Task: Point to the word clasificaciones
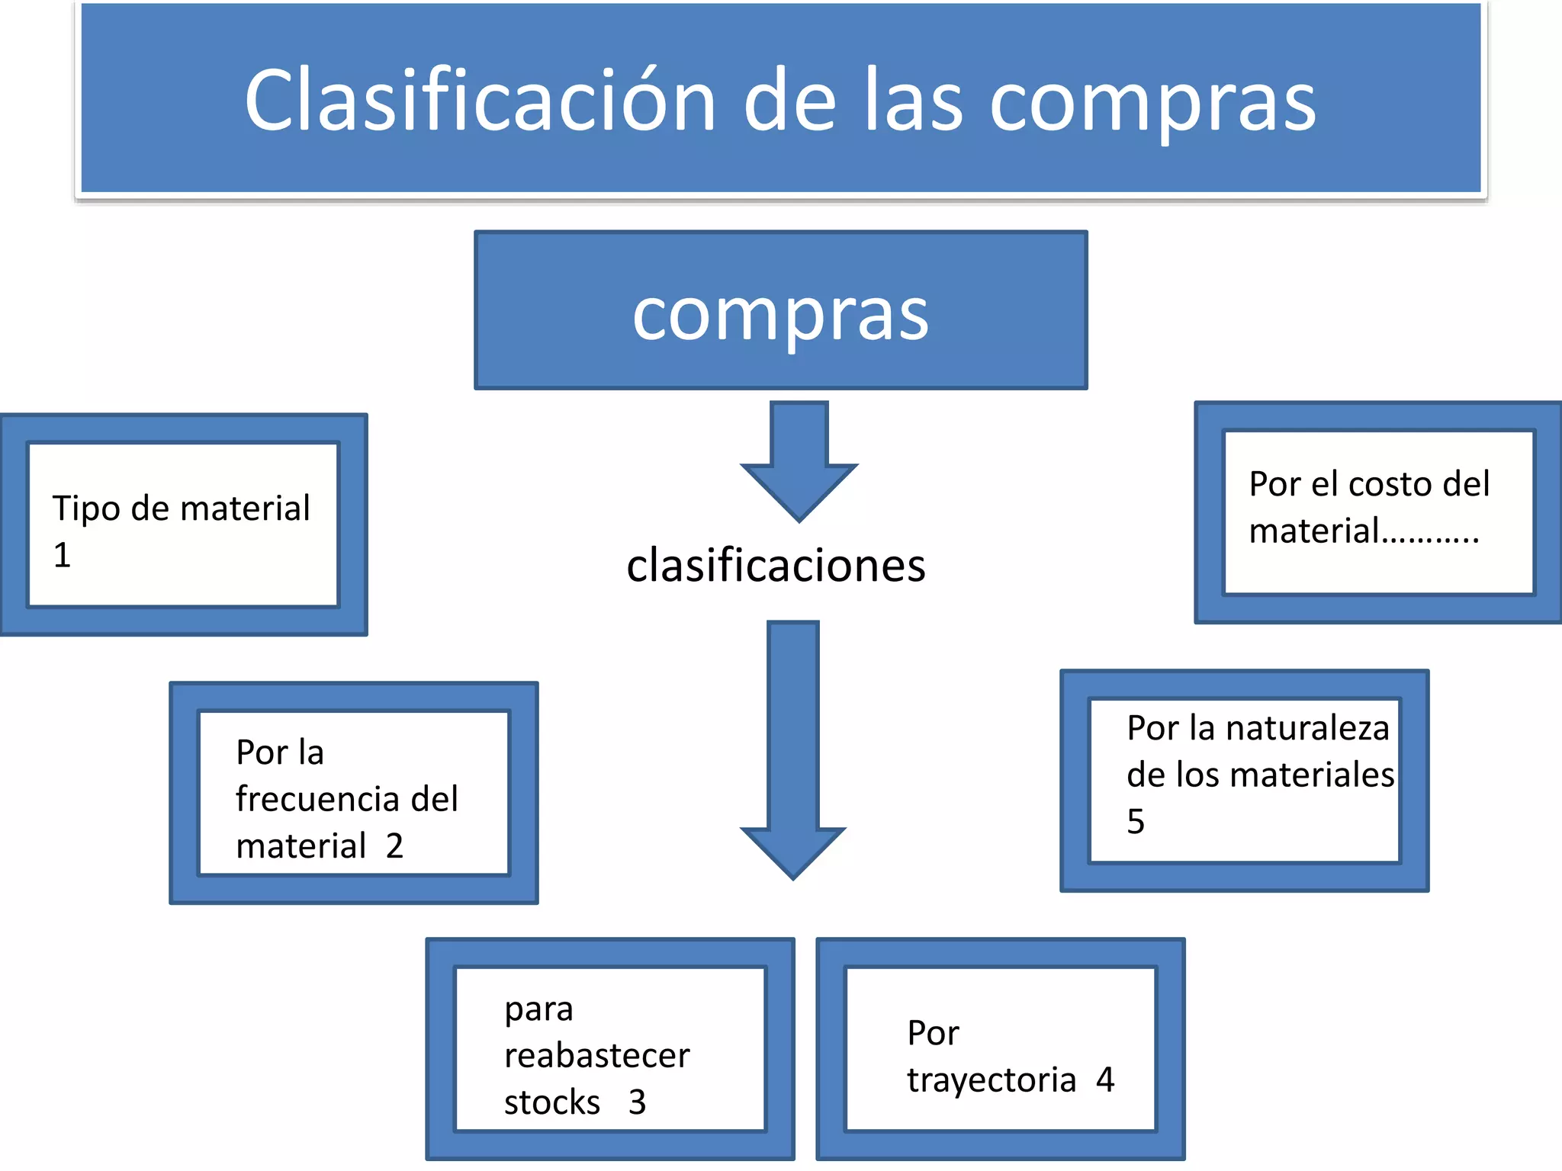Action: (776, 566)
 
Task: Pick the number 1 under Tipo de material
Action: (62, 555)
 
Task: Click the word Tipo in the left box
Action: (86, 509)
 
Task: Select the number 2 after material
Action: (394, 846)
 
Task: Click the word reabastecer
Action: (596, 1056)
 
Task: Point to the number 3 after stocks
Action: (637, 1102)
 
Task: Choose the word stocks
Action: (552, 1102)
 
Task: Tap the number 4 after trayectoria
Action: (1105, 1080)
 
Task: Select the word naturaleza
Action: (1306, 729)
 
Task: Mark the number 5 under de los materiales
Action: (1136, 822)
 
